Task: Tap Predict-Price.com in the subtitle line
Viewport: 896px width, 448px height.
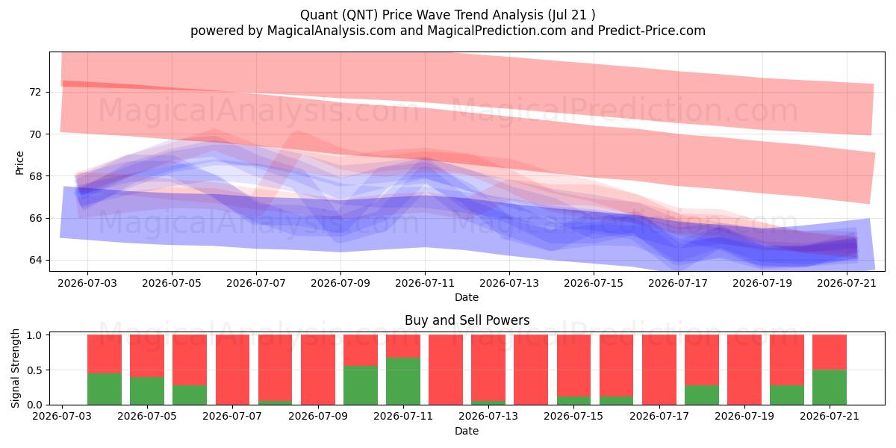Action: [x=651, y=31]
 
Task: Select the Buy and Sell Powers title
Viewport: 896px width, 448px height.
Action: [x=467, y=320]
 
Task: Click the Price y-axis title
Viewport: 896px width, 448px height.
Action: [x=19, y=163]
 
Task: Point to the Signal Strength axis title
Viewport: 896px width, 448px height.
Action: [x=15, y=368]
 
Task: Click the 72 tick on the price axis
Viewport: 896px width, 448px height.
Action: [x=36, y=92]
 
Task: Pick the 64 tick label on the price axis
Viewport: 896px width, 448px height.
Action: [x=36, y=260]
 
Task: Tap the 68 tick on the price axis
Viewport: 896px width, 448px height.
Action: [x=36, y=176]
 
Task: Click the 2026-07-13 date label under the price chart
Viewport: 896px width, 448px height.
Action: [x=508, y=283]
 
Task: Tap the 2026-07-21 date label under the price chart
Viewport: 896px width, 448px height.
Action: [x=847, y=283]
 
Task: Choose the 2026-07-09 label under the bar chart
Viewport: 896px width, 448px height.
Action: [x=318, y=416]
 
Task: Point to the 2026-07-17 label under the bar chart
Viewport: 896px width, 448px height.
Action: [x=659, y=416]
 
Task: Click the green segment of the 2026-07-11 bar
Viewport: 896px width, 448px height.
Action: [x=403, y=382]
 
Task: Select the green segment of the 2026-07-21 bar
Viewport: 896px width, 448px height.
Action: [x=830, y=388]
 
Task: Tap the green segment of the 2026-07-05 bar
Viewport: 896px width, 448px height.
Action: [x=147, y=391]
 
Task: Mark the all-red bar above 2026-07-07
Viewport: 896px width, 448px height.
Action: [x=232, y=370]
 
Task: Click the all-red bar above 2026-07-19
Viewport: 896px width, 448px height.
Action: [x=744, y=370]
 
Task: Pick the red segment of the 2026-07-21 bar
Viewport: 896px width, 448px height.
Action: [x=830, y=352]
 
